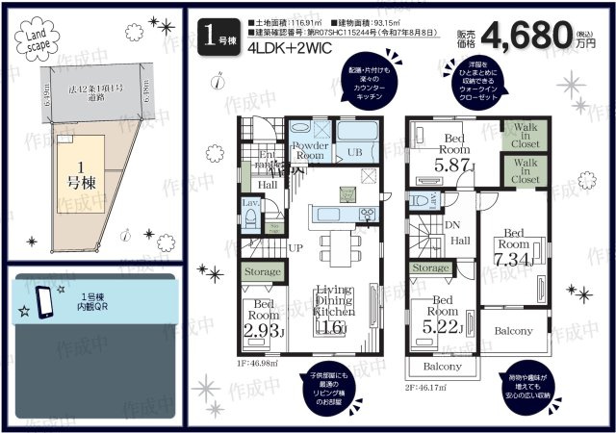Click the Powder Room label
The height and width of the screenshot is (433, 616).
pyautogui.click(x=310, y=150)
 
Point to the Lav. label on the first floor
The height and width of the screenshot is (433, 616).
pyautogui.click(x=248, y=203)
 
